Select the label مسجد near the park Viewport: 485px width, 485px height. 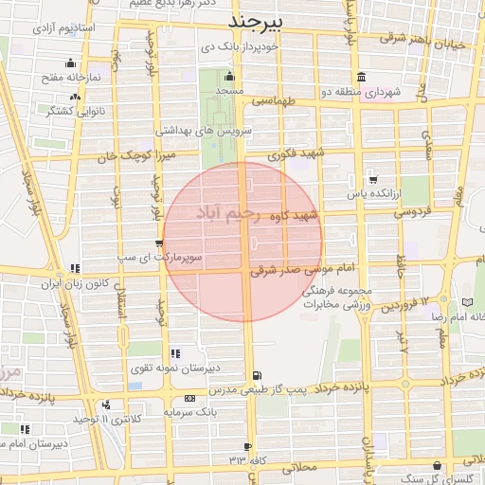(x=229, y=90)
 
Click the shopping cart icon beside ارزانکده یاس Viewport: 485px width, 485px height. (x=372, y=180)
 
